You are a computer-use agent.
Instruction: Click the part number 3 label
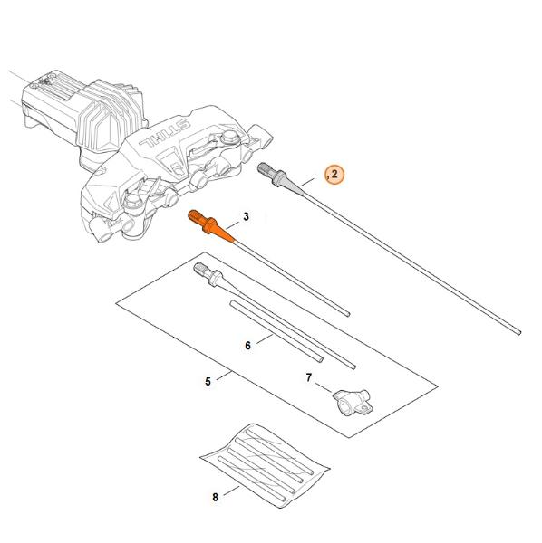[246, 217]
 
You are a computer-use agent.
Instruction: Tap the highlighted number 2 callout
[334, 174]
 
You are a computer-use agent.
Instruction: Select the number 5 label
[208, 382]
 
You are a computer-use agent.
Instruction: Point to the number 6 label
[247, 346]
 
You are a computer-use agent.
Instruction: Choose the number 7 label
[309, 377]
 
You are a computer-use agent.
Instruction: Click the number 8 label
[215, 497]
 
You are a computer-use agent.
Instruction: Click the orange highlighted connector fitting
[211, 226]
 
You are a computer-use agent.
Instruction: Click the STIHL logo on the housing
[164, 133]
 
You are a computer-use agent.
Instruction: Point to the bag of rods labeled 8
[265, 465]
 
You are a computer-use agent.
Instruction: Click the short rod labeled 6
[276, 331]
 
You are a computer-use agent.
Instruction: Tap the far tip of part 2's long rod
[519, 332]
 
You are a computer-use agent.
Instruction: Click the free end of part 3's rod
[348, 314]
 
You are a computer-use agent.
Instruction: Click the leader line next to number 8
[231, 491]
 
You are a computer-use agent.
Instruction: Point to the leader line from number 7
[324, 387]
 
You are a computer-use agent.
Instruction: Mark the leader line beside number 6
[265, 338]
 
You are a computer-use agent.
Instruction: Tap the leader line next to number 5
[224, 376]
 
